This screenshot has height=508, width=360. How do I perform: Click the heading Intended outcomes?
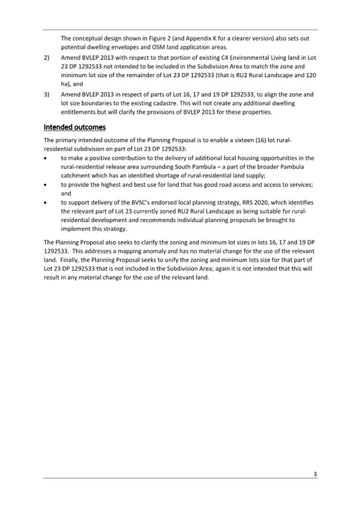coord(75,127)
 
